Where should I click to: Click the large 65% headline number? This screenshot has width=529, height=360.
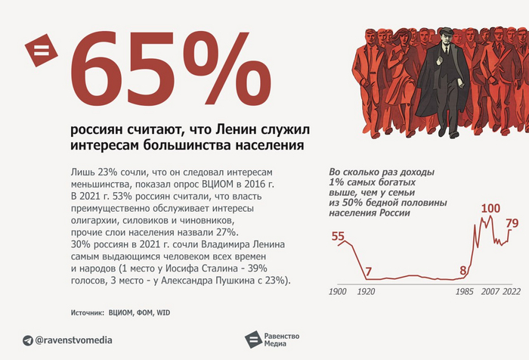coord(170,69)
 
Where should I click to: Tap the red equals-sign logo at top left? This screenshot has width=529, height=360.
coord(41,50)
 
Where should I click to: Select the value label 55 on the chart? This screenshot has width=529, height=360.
coord(338,236)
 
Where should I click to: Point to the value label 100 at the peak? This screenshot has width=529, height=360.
coord(490,209)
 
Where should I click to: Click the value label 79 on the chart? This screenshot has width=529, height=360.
coord(512,223)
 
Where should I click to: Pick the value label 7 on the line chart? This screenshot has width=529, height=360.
coord(368,272)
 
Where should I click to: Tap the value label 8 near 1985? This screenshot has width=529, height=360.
coord(462,270)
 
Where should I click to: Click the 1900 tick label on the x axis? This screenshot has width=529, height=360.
coord(337,291)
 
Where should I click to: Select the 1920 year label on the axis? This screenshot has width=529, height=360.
coord(366,291)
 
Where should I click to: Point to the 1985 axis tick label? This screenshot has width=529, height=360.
coord(464,291)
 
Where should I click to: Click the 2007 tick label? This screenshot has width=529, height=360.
coord(490,291)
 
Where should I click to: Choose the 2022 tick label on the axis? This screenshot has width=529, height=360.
coord(512,291)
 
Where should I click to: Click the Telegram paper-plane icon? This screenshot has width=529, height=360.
coord(28,340)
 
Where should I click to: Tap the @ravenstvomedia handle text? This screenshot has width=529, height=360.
coord(73,340)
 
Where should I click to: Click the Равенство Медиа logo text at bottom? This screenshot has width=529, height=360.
coord(282,340)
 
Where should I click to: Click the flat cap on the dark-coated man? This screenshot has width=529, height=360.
coord(446,32)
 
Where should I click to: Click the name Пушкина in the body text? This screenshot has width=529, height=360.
coord(210,281)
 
